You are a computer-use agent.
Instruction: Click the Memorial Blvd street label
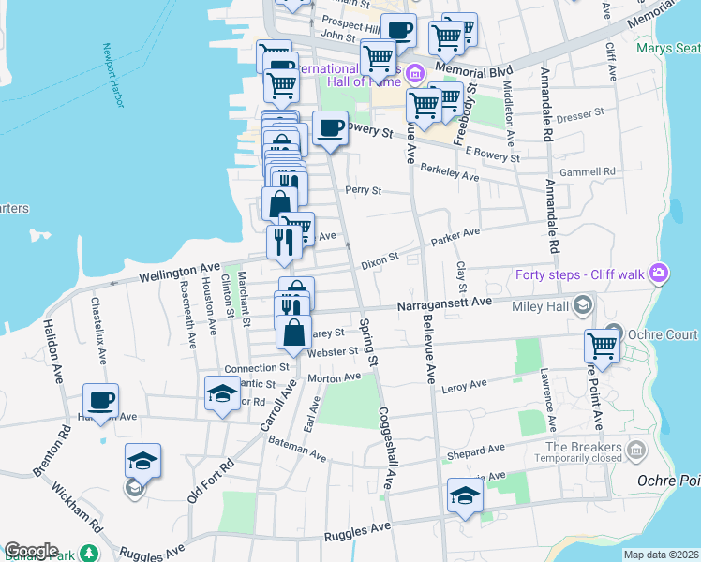507,71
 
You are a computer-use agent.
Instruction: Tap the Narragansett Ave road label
444,303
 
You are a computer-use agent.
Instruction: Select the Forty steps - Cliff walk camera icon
661,273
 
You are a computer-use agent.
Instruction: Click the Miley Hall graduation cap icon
582,305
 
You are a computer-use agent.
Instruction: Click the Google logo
31,551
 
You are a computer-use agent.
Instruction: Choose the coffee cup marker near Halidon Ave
101,401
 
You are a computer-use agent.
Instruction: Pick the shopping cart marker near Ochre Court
602,346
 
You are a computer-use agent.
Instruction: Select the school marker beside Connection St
221,392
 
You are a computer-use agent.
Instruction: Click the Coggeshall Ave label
389,448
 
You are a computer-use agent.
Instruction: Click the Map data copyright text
660,555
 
